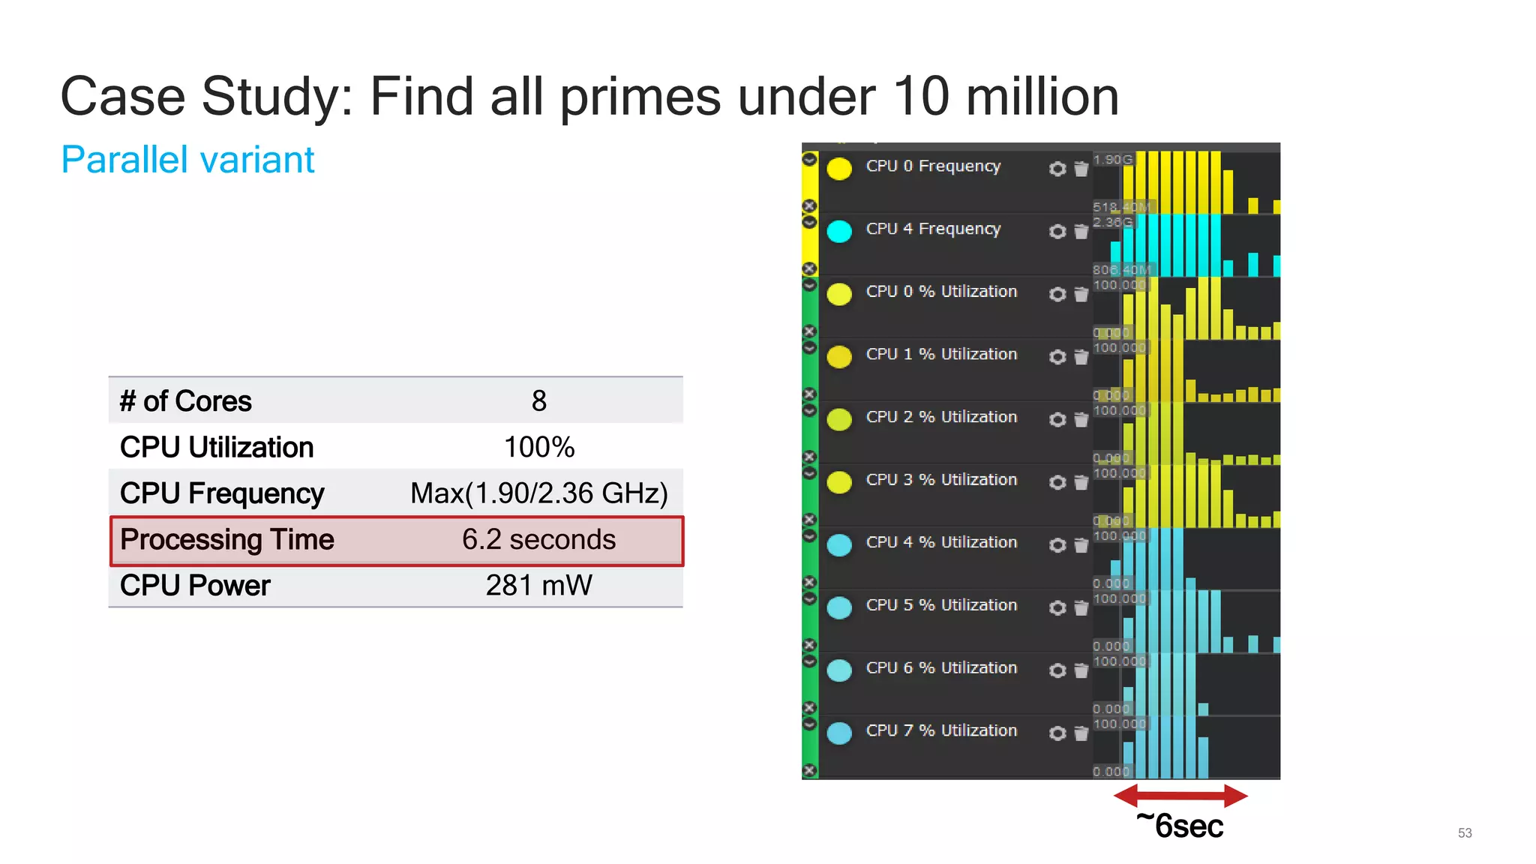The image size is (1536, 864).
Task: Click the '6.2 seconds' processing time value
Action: point(538,540)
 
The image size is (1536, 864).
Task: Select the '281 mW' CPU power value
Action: point(538,586)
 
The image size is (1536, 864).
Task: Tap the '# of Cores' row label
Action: point(186,401)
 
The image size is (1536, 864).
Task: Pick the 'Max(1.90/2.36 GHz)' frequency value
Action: point(538,493)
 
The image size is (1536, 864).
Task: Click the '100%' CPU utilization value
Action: point(538,448)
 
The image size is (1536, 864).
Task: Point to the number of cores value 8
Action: point(538,401)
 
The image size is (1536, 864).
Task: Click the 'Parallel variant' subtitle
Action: point(187,160)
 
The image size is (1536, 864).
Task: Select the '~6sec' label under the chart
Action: point(1180,826)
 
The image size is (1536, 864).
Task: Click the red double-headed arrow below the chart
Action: point(1180,795)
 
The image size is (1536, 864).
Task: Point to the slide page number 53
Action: point(1465,833)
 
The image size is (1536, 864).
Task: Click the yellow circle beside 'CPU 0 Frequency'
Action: point(839,169)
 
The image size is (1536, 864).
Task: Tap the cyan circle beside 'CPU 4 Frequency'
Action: point(839,231)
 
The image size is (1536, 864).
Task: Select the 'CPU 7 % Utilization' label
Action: point(941,730)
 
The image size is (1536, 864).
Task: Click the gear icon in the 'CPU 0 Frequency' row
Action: point(1057,169)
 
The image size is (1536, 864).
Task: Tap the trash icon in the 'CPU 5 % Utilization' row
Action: point(1081,607)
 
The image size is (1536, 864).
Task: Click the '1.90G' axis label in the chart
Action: point(1112,160)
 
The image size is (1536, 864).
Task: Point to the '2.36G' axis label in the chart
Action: point(1112,222)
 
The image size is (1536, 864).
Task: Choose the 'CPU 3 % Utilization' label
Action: point(941,480)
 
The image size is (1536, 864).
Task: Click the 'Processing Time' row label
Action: point(226,540)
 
